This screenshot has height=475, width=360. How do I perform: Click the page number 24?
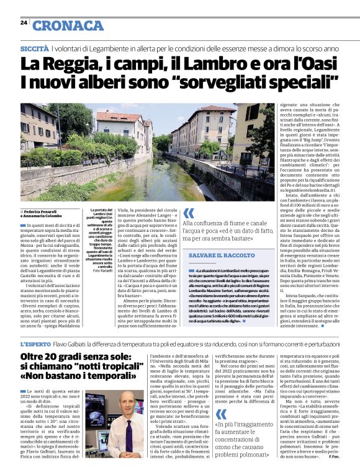coord(23,22)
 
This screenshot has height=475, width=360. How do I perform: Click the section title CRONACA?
coord(68,25)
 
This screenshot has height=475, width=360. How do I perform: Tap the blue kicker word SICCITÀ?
coord(34,48)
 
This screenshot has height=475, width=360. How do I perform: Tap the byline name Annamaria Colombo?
coord(43,216)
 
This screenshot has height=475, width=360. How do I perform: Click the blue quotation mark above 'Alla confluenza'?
coord(188,213)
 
